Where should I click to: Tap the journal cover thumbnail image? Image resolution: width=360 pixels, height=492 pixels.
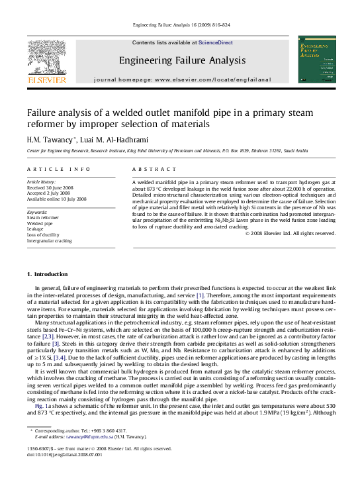pyautogui.click(x=317, y=60)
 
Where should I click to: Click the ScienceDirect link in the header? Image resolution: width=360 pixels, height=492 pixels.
pyautogui.click(x=216, y=42)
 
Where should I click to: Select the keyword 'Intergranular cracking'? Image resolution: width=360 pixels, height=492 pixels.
pyautogui.click(x=49, y=241)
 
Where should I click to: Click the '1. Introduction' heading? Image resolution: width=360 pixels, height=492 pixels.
pyautogui.click(x=47, y=274)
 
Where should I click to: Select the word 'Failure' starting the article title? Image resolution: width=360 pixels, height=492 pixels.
pyautogui.click(x=40, y=113)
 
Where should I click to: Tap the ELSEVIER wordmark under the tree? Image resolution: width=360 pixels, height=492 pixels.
pyautogui.click(x=46, y=79)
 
